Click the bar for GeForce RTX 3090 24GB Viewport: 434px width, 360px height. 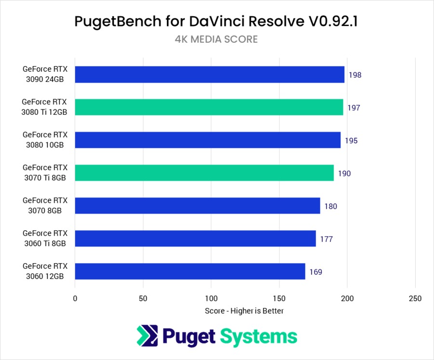point(210,75)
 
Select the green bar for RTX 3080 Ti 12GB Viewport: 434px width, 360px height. point(209,107)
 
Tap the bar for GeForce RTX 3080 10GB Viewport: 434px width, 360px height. point(208,140)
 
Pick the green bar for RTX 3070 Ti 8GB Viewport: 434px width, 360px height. point(204,173)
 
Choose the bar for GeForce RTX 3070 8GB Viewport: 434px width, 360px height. point(198,206)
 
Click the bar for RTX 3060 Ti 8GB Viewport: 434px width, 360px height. point(195,239)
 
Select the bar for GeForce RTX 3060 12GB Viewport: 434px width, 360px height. point(190,271)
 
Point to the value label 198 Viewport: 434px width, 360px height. point(354,75)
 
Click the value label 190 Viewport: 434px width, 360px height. point(344,173)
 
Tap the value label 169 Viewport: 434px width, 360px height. point(315,272)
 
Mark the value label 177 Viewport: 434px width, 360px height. point(326,239)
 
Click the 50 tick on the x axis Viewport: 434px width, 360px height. point(143,299)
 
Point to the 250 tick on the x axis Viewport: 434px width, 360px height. point(415,299)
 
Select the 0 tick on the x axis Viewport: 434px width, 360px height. point(75,299)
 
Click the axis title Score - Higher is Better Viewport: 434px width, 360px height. point(244,311)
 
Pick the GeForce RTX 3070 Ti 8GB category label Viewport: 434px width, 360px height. point(45,173)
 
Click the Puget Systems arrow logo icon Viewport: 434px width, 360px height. point(146,335)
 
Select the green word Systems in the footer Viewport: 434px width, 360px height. point(259,336)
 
